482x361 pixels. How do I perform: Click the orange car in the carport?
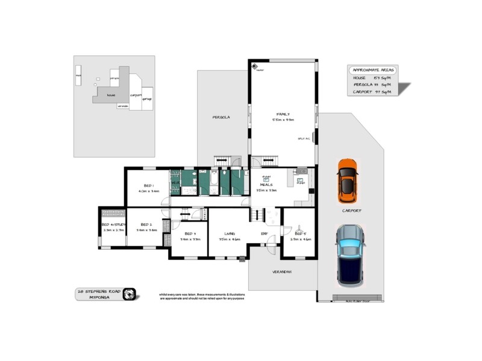coord(348,180)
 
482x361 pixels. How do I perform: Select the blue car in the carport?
coord(349,255)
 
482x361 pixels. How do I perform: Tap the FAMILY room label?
coord(283,114)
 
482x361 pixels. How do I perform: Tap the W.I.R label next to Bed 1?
coord(176,182)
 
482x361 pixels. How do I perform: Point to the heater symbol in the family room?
coord(255,66)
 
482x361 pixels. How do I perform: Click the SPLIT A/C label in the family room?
coord(303,138)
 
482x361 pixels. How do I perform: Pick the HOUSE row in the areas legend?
coord(371,78)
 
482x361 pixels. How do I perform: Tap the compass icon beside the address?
coord(130,294)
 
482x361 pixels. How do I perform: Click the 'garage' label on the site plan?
coord(147,99)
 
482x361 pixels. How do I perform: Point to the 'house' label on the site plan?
coord(111,94)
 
